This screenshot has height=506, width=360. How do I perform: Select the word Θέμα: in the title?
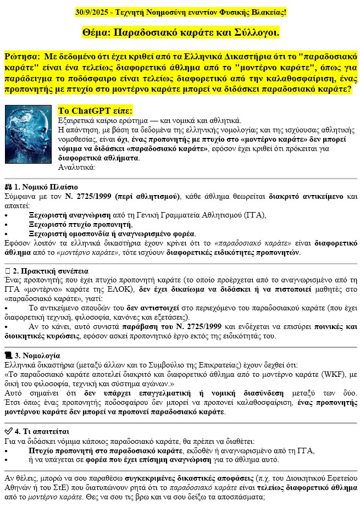pos(98,33)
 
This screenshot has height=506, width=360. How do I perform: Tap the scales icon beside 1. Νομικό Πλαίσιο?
pos(8,187)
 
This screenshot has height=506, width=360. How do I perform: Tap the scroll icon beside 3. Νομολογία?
pos(8,355)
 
